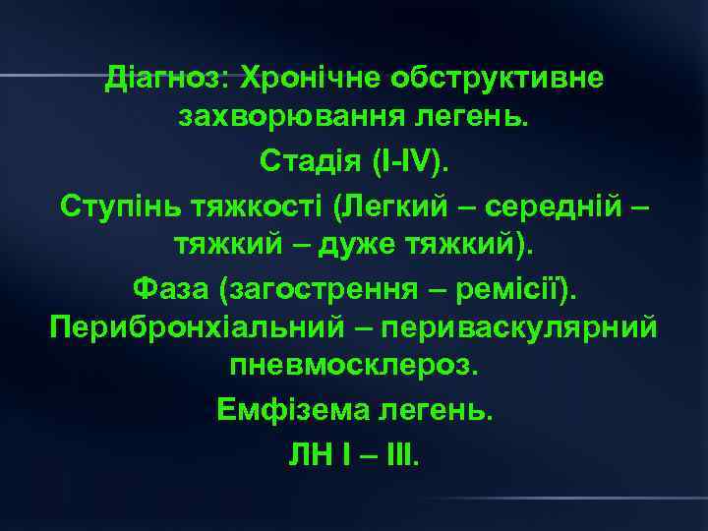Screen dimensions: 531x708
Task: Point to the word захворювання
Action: point(273,118)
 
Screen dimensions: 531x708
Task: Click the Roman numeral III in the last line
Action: point(402,451)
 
